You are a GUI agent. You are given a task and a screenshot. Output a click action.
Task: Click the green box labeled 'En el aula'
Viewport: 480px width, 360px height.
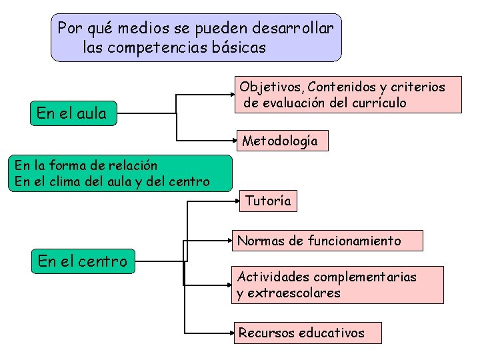pyautogui.click(x=72, y=113)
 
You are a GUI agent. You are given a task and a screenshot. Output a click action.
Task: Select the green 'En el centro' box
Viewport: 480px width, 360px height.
pyautogui.click(x=83, y=261)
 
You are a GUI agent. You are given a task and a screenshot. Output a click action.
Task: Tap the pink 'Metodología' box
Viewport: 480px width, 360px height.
pyautogui.click(x=280, y=141)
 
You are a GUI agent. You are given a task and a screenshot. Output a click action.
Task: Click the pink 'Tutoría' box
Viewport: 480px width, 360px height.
pyautogui.click(x=268, y=201)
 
